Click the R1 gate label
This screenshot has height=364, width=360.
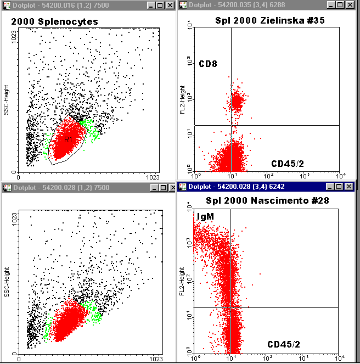coord(68,140)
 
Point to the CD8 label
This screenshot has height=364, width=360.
coord(208,64)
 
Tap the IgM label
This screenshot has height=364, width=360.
coord(204,217)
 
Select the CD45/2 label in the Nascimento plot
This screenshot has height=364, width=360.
coord(284,344)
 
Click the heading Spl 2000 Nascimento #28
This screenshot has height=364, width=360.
coord(267,201)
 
